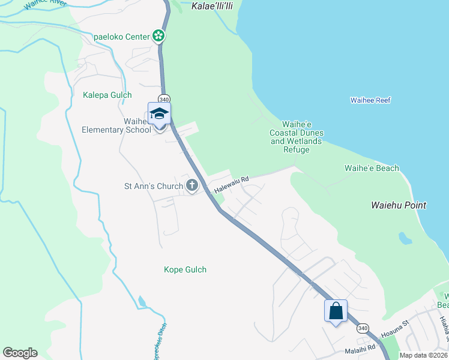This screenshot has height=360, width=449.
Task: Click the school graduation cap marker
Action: click(160, 113)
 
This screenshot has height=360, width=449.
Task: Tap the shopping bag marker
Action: click(336, 311)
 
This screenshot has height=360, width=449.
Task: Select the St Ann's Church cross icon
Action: click(192, 185)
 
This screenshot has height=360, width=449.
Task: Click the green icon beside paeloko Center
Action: click(158, 37)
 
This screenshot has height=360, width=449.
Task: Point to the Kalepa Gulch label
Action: click(107, 95)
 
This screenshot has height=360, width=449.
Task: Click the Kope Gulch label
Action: click(185, 269)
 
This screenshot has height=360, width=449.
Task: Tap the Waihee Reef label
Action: click(370, 100)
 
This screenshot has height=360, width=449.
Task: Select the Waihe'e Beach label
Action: click(371, 169)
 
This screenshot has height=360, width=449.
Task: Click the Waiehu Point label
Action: click(398, 205)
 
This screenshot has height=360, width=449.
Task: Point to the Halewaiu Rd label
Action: click(231, 184)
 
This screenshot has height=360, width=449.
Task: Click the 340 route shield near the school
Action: click(164, 98)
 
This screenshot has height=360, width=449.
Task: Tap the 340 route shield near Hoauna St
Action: click(362, 328)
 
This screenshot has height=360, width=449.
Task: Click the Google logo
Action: click(20, 353)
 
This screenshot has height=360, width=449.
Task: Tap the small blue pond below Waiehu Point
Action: click(405, 238)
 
